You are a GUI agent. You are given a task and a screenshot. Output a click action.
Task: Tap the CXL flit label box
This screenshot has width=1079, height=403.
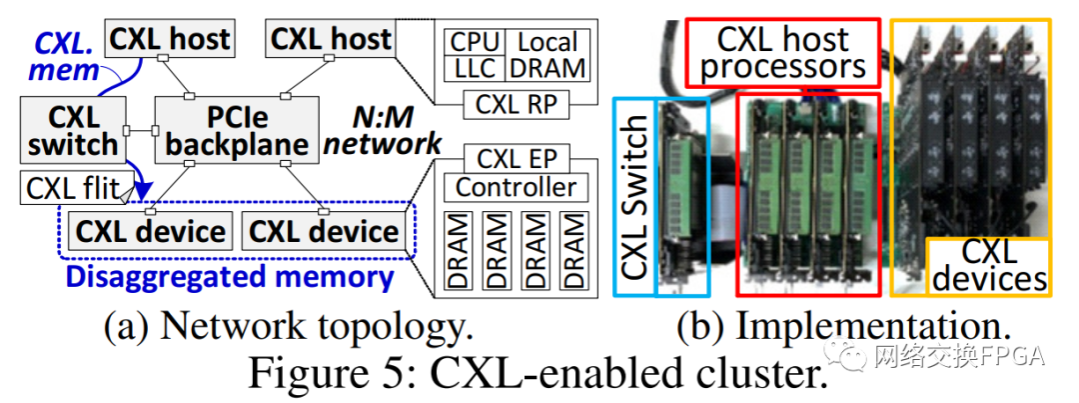point(71,187)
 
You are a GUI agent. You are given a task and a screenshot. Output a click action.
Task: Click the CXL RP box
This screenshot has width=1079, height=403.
point(516,103)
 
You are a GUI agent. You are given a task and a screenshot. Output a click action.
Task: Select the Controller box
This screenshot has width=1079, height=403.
point(516,187)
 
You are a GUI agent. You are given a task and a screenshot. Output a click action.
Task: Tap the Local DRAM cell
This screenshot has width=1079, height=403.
point(548,55)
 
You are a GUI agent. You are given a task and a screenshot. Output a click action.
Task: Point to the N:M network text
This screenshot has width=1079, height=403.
point(381,129)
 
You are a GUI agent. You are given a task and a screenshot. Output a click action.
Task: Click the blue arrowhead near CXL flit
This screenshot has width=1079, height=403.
point(144,194)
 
